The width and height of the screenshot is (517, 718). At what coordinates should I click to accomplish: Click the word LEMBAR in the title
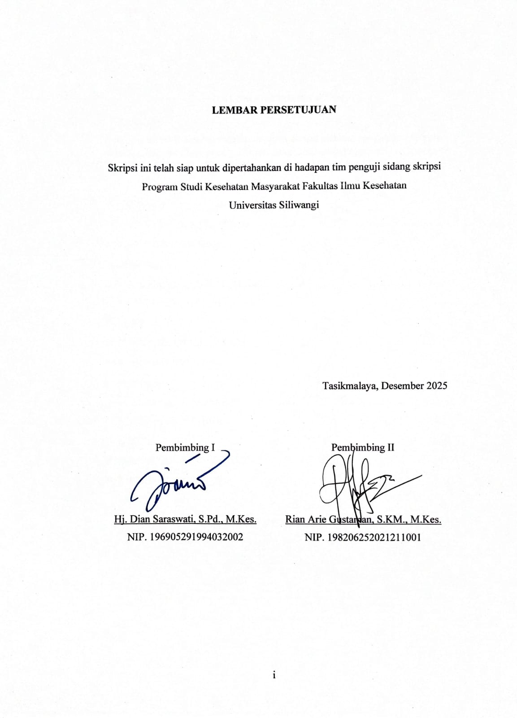click(235, 110)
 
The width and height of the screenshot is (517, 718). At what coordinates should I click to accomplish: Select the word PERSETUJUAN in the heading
click(298, 110)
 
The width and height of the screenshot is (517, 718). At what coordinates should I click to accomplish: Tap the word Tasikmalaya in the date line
click(350, 385)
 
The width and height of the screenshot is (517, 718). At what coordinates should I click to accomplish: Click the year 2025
click(436, 385)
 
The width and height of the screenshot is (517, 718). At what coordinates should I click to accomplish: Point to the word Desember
click(403, 385)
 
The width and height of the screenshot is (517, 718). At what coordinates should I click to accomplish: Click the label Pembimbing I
click(185, 447)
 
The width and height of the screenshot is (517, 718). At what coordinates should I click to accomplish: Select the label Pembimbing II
click(363, 447)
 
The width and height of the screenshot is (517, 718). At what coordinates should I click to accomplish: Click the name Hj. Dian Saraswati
click(154, 519)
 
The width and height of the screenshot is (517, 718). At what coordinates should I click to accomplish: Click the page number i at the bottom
click(274, 675)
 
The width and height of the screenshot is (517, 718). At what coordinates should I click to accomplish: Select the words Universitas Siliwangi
click(274, 205)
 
